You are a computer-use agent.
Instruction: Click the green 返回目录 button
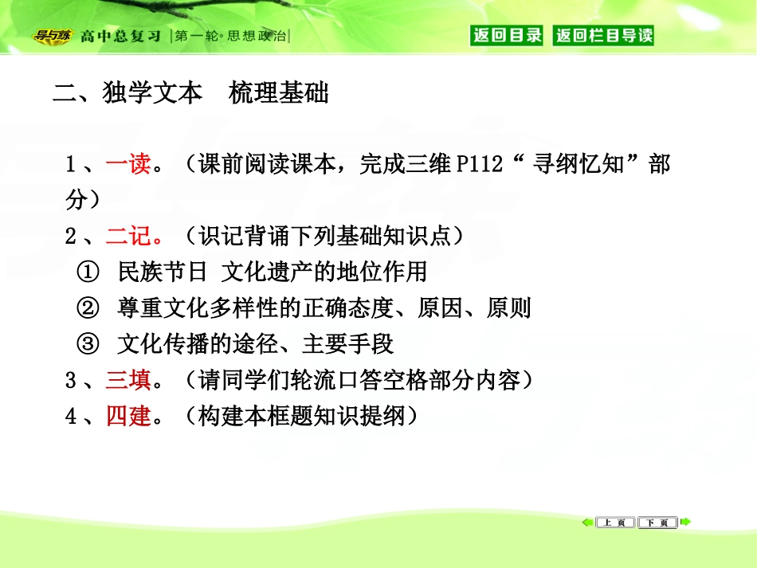[x=507, y=35]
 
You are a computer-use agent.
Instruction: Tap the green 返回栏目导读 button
[x=604, y=35]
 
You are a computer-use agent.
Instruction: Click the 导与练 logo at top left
[x=52, y=35]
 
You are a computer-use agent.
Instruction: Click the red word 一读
[x=128, y=165]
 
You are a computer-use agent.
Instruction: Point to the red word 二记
[x=128, y=236]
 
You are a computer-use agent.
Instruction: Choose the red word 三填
[x=128, y=380]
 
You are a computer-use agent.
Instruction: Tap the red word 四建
[x=128, y=416]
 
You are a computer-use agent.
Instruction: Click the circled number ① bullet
[x=87, y=272]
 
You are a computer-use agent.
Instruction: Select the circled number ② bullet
[x=87, y=308]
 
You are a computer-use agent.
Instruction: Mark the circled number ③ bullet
[x=87, y=344]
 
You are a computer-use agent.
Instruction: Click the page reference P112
[x=480, y=165]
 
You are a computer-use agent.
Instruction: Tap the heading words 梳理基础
[x=278, y=94]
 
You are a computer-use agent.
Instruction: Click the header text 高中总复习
[x=120, y=36]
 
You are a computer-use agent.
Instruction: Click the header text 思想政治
[x=256, y=36]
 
